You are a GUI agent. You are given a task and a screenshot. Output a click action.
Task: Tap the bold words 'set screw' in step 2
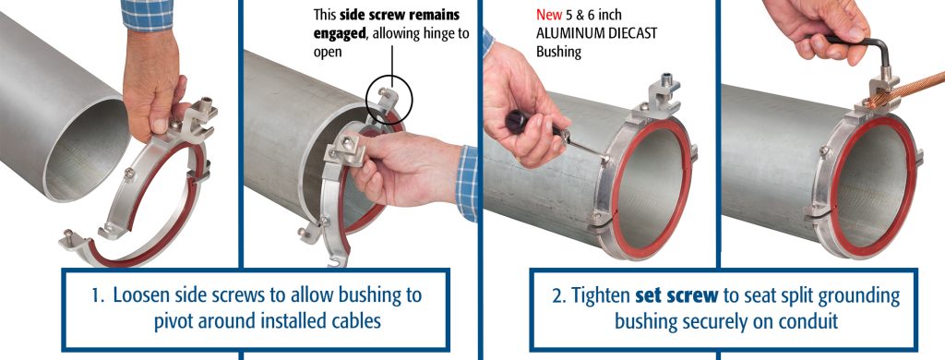(x=676, y=296)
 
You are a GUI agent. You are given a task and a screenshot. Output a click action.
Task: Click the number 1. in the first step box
(x=100, y=296)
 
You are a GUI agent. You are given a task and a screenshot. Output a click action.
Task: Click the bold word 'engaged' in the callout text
(x=340, y=34)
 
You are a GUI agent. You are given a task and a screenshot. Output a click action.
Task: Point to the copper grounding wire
(x=907, y=90)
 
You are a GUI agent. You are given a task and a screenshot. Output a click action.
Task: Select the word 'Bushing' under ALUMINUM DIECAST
(x=558, y=52)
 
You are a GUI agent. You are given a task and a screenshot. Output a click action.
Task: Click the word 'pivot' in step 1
(x=173, y=321)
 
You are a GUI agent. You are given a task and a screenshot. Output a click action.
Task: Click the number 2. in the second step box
(x=558, y=296)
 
